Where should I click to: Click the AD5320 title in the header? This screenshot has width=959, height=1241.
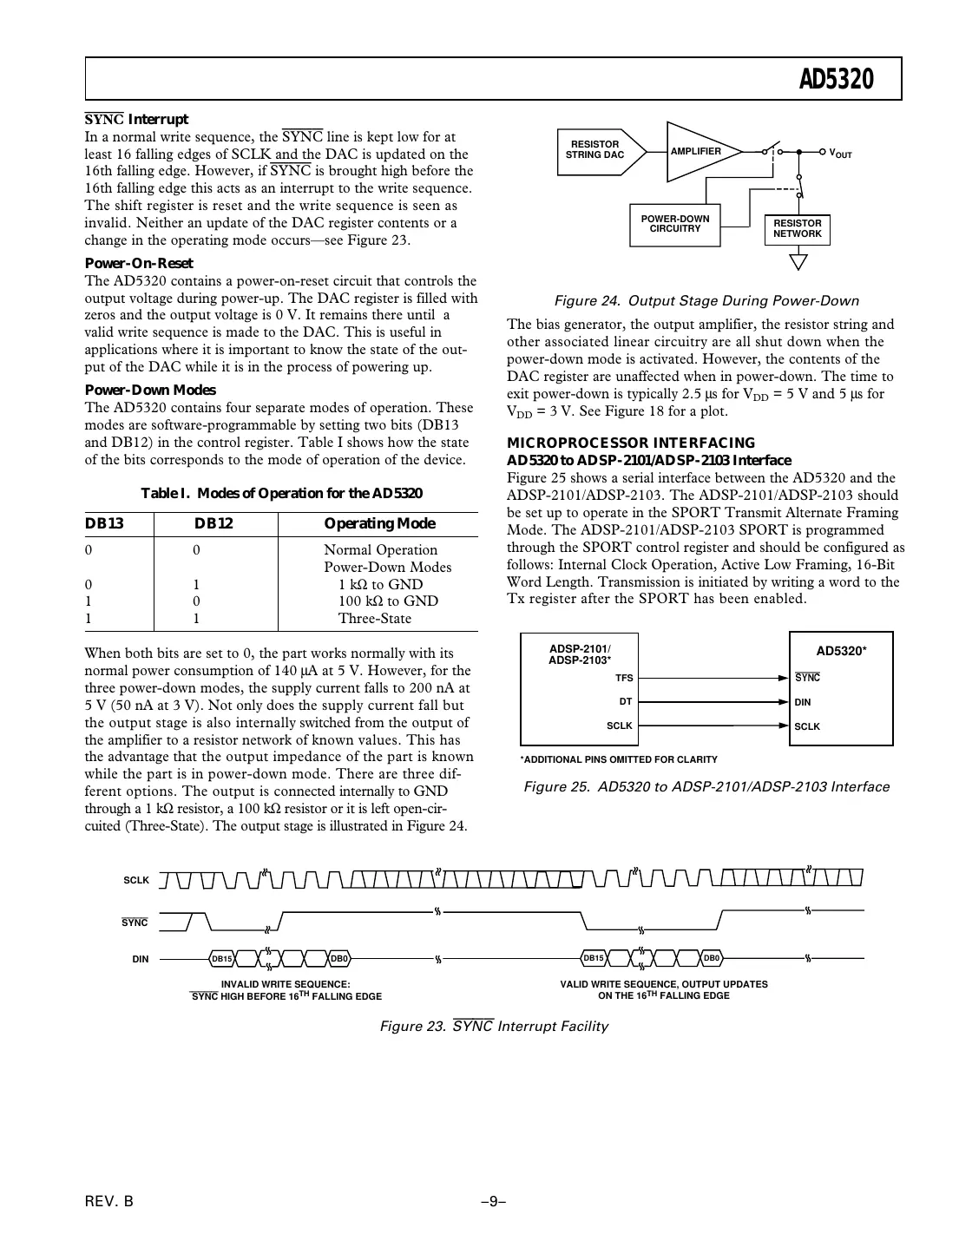pyautogui.click(x=836, y=81)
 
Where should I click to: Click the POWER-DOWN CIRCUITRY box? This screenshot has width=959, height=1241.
pyautogui.click(x=674, y=224)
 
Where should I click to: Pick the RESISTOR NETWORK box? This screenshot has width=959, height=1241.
pyautogui.click(x=797, y=229)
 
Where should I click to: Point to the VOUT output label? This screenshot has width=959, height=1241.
pyautogui.click(x=840, y=154)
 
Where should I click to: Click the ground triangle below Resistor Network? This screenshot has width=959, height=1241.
pyautogui.click(x=798, y=260)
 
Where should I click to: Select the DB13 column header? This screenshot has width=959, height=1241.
pyautogui.click(x=103, y=523)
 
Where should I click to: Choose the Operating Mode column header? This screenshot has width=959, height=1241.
pyautogui.click(x=379, y=523)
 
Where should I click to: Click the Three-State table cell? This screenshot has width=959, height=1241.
pyautogui.click(x=374, y=618)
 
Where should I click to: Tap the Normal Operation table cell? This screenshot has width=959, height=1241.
pyautogui.click(x=380, y=549)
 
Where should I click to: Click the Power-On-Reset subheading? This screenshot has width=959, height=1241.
pyautogui.click(x=139, y=263)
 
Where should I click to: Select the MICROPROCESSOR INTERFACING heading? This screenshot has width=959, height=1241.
pyautogui.click(x=631, y=443)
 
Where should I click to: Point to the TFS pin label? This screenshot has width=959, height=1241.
pyautogui.click(x=624, y=678)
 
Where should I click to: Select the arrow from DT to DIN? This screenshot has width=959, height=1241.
pyautogui.click(x=712, y=702)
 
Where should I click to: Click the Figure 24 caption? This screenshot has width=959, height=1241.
pyautogui.click(x=706, y=301)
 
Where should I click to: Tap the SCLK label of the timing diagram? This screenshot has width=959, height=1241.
pyautogui.click(x=136, y=880)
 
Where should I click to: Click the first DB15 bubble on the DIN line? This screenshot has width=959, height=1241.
pyautogui.click(x=222, y=958)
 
